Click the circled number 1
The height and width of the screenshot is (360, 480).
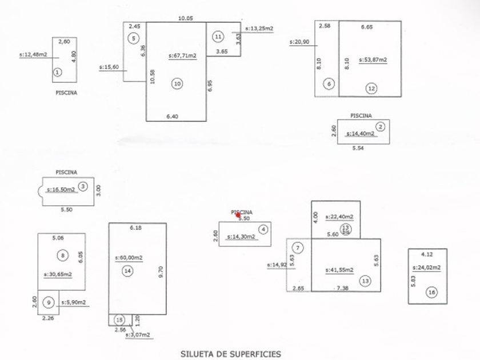coord(57,72)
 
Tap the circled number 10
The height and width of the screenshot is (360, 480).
coord(177,83)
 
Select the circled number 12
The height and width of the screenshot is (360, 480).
coord(372,88)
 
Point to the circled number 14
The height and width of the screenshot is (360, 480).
coord(127,270)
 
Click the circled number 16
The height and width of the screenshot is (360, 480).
coord(431,292)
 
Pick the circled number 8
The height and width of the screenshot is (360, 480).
coord(62,255)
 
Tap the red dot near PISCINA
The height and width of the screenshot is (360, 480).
coord(238,215)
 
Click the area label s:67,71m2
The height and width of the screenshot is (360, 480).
coord(182,56)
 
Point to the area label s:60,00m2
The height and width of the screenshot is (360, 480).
coord(129,257)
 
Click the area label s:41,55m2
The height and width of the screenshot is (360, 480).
coord(339,270)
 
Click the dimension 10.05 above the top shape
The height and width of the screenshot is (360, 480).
coord(186,18)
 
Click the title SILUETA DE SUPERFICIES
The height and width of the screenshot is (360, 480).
coord(231,354)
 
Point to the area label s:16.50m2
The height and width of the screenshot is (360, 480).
coord(61,189)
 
